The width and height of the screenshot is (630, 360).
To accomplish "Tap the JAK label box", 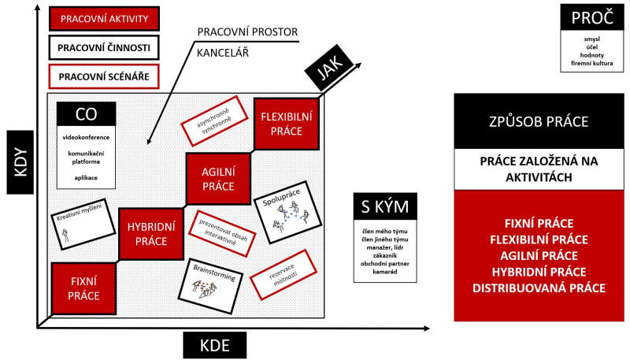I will click(x=328, y=74).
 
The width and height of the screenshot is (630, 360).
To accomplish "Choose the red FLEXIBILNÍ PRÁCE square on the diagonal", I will click(x=287, y=124).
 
